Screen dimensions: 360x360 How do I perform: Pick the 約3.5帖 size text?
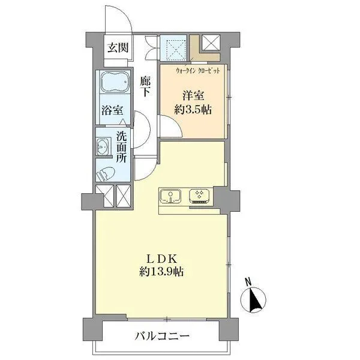click(x=193, y=110)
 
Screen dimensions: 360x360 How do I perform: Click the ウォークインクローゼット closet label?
click(x=198, y=70)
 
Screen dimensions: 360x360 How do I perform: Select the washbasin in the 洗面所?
click(x=101, y=146)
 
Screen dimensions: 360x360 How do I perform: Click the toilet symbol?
click(x=106, y=173)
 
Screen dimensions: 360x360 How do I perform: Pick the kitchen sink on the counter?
click(x=171, y=196)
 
